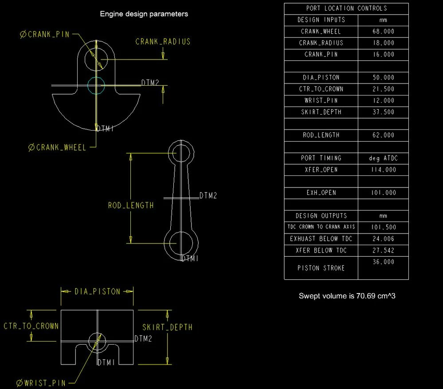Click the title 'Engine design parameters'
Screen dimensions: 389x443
pos(144,14)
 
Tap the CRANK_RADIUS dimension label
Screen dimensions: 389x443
pos(163,41)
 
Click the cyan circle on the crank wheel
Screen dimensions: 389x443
pos(96,84)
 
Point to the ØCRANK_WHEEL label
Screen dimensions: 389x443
pos(57,147)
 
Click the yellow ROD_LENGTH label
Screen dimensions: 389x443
pos(131,205)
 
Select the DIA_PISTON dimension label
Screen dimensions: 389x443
pos(97,292)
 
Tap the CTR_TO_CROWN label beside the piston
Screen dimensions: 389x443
pos(31,326)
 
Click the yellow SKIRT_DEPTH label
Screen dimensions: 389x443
pos(167,327)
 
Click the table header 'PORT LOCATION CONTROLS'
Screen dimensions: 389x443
pos(346,8)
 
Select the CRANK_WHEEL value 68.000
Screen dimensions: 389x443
pos(383,32)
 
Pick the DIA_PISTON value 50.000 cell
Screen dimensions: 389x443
pos(383,77)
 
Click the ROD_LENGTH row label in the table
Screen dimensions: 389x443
pos(321,135)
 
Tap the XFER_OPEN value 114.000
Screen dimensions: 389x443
pos(383,170)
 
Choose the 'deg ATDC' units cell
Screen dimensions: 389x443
pos(383,158)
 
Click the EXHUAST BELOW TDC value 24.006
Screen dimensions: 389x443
pos(383,239)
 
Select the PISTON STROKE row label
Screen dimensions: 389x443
pos(321,268)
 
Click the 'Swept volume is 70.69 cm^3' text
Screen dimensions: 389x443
pos(347,296)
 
